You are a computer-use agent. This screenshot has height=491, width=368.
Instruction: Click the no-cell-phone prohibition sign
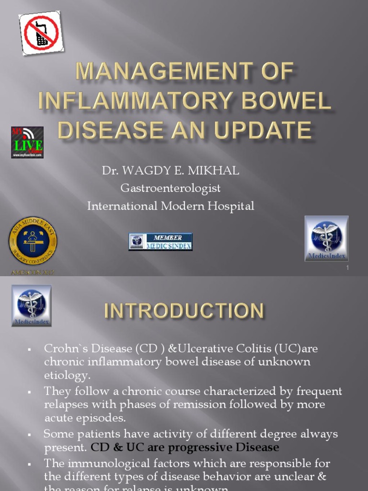point(39,32)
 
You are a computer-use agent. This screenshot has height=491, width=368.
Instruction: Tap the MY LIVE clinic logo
point(27,142)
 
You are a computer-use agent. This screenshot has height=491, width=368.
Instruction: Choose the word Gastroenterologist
point(170,188)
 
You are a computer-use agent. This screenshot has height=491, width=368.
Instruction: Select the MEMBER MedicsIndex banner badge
point(161,242)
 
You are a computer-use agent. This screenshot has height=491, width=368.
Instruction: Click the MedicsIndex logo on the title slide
point(326,238)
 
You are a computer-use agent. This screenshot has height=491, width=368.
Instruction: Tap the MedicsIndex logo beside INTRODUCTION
point(31,306)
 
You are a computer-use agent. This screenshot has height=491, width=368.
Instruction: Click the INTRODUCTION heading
point(184,311)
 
